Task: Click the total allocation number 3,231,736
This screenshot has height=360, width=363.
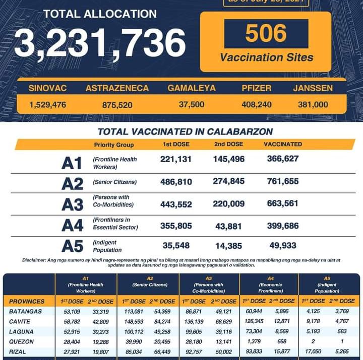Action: point(100,43)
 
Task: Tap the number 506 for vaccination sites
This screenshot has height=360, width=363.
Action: point(266,34)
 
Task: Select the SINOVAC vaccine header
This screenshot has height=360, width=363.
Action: point(47,88)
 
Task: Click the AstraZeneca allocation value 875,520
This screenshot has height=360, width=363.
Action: point(116,105)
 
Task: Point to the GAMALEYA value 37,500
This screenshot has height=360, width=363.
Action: point(192,105)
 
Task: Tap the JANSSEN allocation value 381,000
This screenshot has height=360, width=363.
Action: point(313,105)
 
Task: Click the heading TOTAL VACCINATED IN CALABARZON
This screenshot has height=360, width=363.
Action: point(185,132)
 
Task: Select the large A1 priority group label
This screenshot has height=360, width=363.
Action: point(72,163)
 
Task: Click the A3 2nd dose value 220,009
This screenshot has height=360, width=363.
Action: point(229,203)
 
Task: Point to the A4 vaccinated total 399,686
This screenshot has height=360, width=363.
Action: point(282,226)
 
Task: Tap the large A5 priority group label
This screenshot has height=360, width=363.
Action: point(72,246)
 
